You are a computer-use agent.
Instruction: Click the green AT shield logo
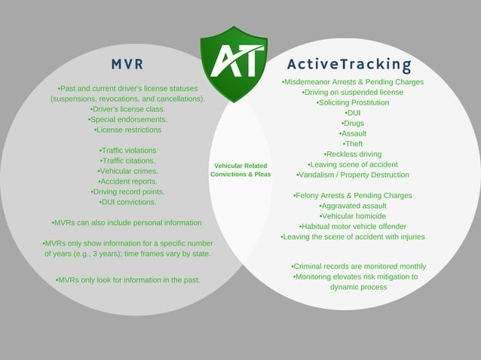234,60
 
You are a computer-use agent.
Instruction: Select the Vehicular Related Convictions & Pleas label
240,169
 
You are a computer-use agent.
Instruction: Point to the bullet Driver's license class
127,108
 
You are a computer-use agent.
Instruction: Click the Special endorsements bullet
127,119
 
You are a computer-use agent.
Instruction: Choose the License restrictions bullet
127,130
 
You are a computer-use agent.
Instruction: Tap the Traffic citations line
127,160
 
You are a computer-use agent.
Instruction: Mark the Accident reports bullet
127,182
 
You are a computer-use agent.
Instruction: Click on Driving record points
127,191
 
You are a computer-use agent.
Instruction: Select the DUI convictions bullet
127,202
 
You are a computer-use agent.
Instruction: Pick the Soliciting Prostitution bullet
352,102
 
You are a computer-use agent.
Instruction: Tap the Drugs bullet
352,123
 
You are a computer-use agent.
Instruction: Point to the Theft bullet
352,144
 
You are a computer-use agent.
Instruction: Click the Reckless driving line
352,154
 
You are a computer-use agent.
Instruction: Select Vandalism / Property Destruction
352,175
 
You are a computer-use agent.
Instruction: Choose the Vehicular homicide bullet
352,216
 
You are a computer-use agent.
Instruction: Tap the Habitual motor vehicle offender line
352,226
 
